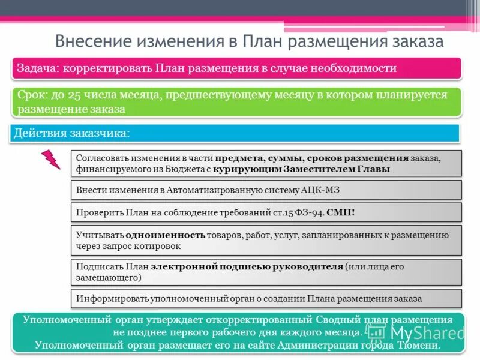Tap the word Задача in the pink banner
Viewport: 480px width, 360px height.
[x=35, y=68]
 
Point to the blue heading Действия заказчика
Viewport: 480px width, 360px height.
[x=71, y=133]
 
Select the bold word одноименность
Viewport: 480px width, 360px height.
[x=174, y=234]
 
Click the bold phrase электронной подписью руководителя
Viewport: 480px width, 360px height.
[x=247, y=266]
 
